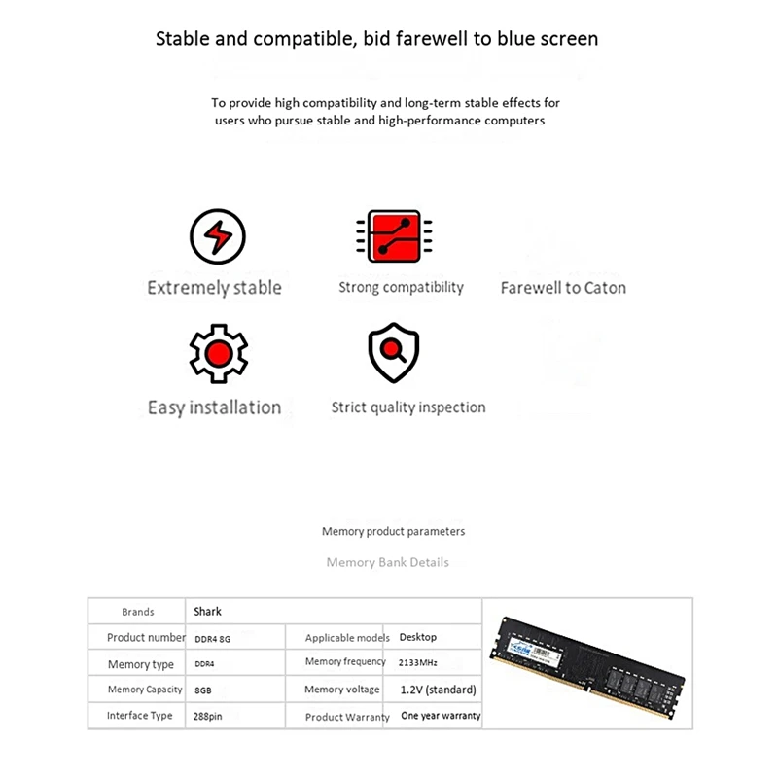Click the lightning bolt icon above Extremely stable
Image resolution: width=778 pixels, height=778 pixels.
216,236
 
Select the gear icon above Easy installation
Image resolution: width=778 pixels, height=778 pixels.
218,353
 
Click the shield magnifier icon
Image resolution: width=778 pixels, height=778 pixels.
394,353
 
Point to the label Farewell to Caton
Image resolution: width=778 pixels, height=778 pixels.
563,288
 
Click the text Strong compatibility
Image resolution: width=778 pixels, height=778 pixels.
401,287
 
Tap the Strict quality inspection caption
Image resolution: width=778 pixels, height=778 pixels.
407,407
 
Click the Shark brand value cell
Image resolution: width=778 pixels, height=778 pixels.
207,612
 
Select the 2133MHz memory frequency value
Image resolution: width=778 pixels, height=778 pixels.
418,662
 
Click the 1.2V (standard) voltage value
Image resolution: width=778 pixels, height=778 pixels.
438,690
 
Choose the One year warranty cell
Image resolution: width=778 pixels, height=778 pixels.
441,716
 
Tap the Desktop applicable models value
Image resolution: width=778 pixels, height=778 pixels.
418,637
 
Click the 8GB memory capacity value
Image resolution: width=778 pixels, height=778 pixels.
203,690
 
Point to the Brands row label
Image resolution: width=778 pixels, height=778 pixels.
137,612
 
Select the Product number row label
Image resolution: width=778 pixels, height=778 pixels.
146,638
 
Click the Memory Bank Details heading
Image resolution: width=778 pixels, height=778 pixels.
387,562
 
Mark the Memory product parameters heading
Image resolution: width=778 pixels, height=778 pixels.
393,532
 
